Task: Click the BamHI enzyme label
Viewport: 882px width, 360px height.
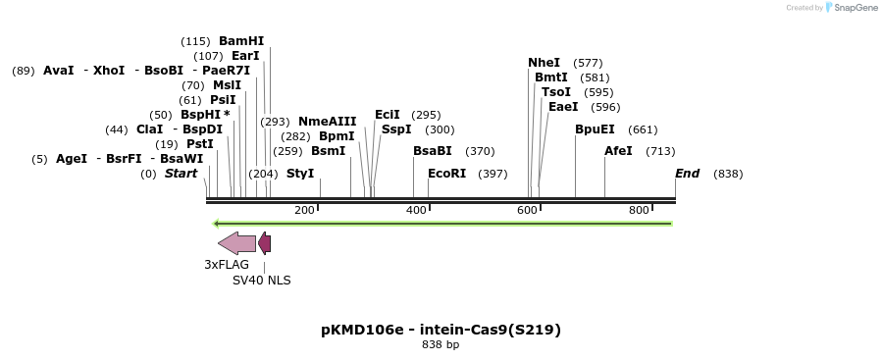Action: [241, 41]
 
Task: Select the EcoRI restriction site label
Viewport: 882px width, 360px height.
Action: [446, 174]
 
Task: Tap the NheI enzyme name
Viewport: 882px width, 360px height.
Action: [544, 63]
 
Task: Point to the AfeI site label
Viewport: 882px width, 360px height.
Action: [619, 151]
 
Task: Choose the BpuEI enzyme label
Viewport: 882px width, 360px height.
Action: [595, 129]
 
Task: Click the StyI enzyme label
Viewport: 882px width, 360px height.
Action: [300, 174]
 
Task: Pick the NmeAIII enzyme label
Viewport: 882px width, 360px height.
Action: [327, 122]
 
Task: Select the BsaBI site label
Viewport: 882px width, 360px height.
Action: [433, 151]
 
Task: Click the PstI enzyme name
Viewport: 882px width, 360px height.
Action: [200, 144]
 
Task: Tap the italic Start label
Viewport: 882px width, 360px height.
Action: [181, 174]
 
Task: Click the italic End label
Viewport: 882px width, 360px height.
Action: [687, 174]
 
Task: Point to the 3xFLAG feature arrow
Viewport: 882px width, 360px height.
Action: [236, 243]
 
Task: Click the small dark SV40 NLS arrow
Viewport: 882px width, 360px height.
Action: [265, 243]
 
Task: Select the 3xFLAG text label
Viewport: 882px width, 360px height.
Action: [227, 265]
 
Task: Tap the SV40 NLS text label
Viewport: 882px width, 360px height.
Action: [261, 281]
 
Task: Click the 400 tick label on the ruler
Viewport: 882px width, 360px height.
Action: [416, 211]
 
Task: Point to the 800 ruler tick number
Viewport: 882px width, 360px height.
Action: [639, 211]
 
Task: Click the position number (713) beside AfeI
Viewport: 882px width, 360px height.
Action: [660, 151]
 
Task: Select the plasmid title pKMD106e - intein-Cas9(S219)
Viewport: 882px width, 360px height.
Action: [441, 330]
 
